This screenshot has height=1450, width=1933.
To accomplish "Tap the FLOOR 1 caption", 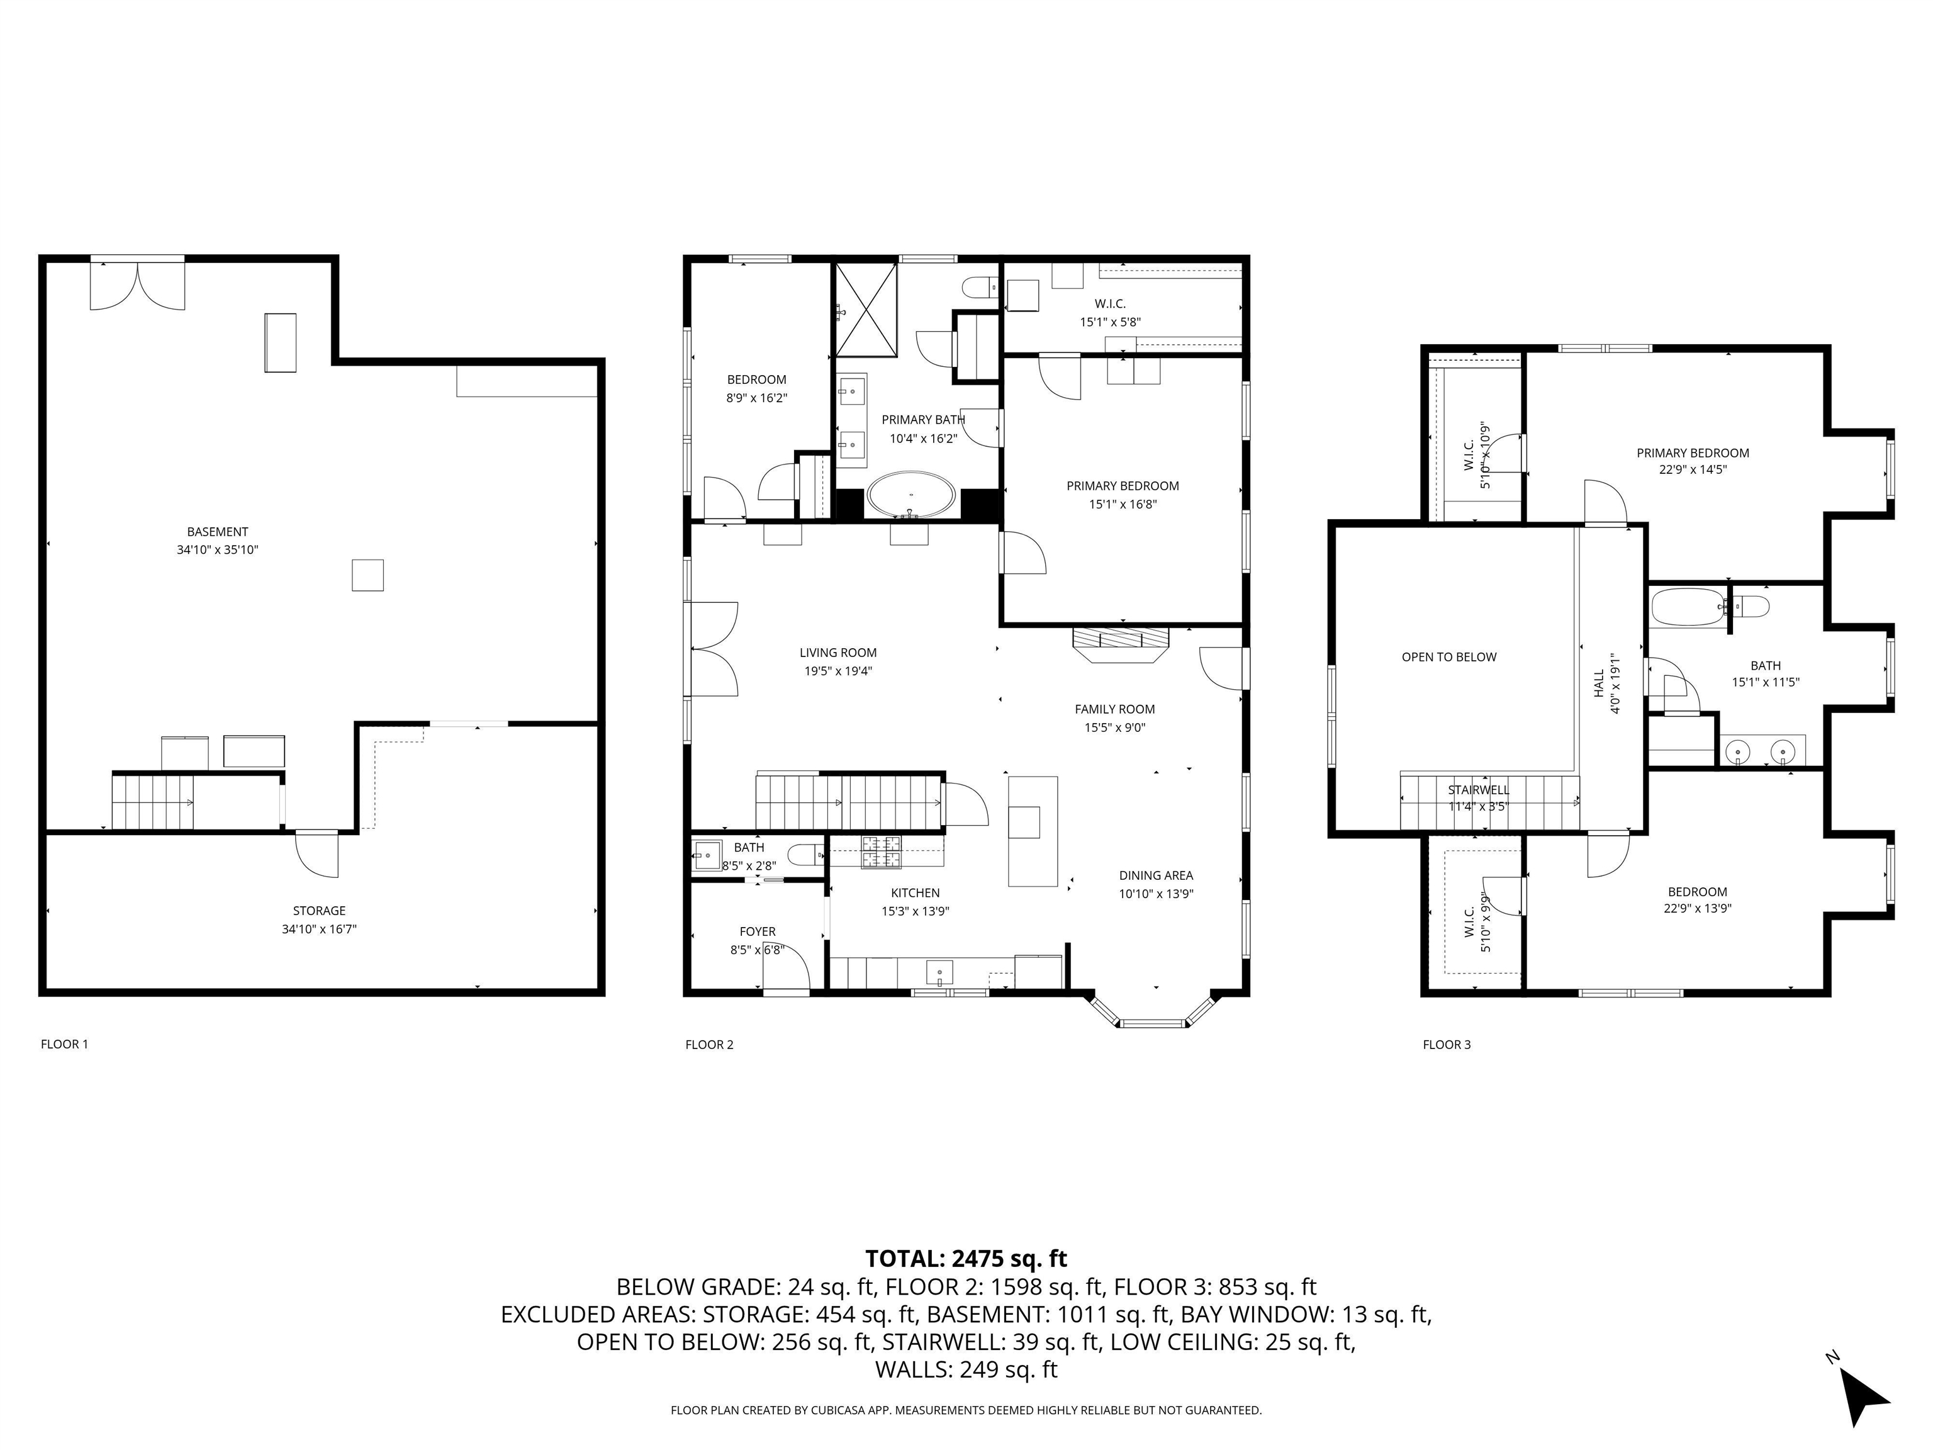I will coord(65,1043).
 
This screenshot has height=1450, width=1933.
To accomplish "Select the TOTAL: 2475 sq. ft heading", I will coord(966,1259).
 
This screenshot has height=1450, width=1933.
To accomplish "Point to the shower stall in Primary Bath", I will coord(866,310).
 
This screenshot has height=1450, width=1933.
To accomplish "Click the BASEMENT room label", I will coord(218,531).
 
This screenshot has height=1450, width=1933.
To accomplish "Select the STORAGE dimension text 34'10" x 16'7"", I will coord(319,929).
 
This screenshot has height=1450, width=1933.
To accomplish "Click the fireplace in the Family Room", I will coord(1120,643).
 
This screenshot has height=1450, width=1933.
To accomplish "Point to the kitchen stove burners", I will coord(881,852).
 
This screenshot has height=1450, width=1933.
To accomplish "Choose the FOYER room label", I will coord(757,931).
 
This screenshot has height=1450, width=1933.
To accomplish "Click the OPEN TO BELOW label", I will coord(1449,656).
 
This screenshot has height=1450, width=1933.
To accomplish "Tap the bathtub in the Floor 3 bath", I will coord(1686,607).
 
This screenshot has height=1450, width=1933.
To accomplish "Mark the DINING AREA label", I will coord(1155,875).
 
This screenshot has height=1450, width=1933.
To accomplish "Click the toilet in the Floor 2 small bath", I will coord(804,855).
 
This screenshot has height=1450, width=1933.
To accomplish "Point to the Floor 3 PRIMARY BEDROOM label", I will coord(1692,452).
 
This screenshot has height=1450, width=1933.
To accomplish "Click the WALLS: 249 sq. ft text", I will coord(966,1369).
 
